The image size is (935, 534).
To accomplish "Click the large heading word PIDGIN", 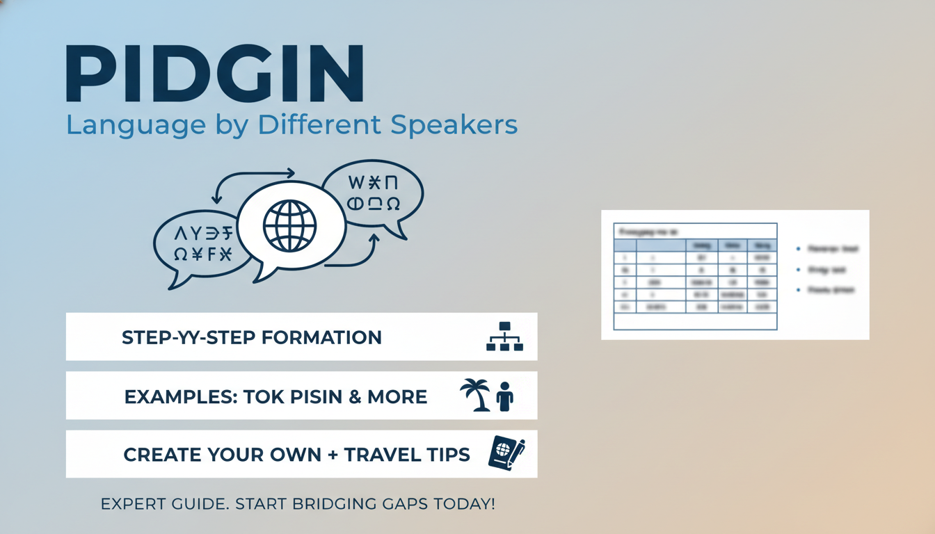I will pyautogui.click(x=214, y=75).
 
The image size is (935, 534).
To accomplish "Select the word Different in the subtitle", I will pyautogui.click(x=321, y=125).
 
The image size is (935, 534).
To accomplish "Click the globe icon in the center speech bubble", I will pyautogui.click(x=289, y=225).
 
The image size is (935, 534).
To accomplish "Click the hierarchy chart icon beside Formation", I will pyautogui.click(x=504, y=337).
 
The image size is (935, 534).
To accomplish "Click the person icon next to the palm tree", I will pyautogui.click(x=505, y=396).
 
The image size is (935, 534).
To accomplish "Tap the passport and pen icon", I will pyautogui.click(x=506, y=453).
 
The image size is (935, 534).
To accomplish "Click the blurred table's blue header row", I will pyautogui.click(x=695, y=245).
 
